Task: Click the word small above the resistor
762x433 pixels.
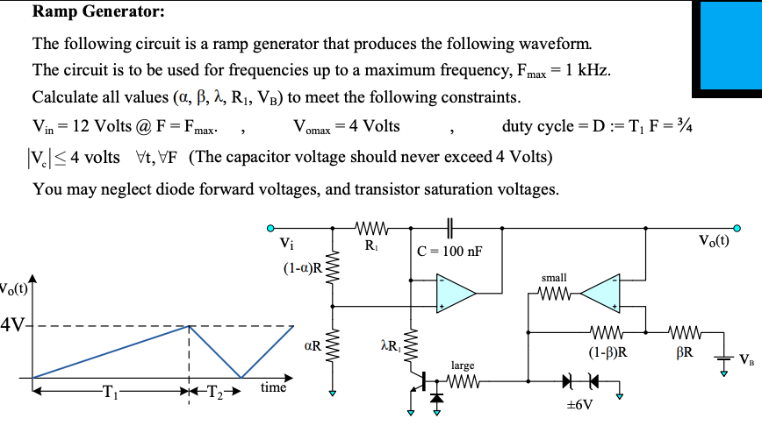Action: (554, 277)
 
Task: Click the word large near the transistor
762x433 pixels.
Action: (463, 364)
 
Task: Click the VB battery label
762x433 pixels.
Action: (745, 359)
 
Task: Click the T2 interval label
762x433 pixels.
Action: (215, 392)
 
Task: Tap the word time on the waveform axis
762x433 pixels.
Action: (274, 386)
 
